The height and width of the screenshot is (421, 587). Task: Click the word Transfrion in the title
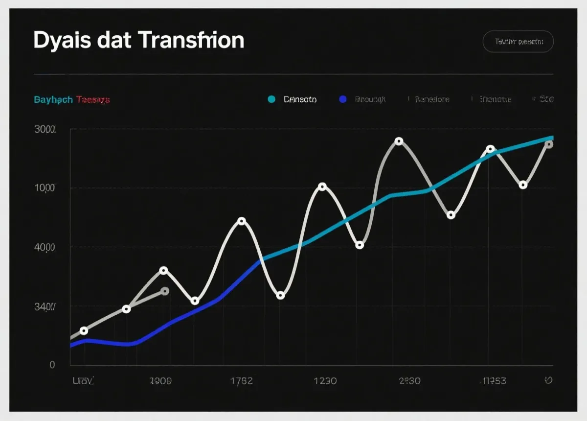(x=191, y=40)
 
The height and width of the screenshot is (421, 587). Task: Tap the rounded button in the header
(x=518, y=42)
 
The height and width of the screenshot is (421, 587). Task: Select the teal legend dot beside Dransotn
(x=271, y=99)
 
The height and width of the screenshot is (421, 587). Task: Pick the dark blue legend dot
(x=342, y=99)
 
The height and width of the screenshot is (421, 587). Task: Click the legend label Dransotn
(x=300, y=99)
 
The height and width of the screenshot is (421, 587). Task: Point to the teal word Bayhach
(x=53, y=100)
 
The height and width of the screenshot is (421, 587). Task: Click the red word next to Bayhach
(x=93, y=100)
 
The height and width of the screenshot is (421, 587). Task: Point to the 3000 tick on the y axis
(x=45, y=130)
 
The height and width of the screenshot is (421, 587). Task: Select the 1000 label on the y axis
(x=45, y=188)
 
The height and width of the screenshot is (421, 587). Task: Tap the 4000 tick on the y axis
(x=45, y=248)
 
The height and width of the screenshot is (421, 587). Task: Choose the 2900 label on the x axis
(x=160, y=381)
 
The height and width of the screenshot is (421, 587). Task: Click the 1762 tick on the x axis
(x=241, y=381)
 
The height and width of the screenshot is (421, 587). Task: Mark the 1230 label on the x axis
(x=324, y=381)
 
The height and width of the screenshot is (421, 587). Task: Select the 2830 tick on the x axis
(x=409, y=381)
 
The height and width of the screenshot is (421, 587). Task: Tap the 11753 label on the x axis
(x=494, y=381)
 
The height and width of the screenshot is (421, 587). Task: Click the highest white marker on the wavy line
(x=399, y=141)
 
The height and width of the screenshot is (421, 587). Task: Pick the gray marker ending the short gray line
(x=165, y=291)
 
